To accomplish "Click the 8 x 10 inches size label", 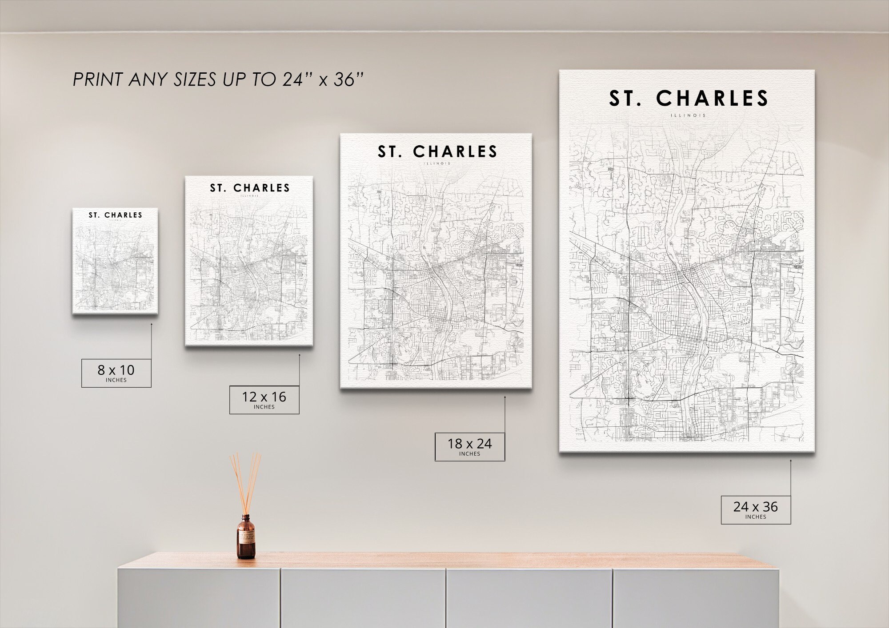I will click(116, 373).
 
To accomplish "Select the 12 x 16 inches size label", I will click(264, 400).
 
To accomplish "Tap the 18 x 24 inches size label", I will click(469, 446).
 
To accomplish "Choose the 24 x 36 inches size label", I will click(756, 509).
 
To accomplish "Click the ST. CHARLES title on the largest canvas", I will click(689, 99).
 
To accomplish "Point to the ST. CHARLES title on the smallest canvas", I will click(116, 215).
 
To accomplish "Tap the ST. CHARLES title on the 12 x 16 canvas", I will click(250, 188).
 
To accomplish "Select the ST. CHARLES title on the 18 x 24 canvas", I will click(437, 152).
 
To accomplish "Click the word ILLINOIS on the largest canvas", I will click(689, 115).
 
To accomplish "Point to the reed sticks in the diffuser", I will click(245, 482).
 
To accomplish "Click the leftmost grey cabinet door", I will click(199, 598).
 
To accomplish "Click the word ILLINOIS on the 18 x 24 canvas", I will click(437, 163).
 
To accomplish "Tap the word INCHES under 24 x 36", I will click(756, 517).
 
